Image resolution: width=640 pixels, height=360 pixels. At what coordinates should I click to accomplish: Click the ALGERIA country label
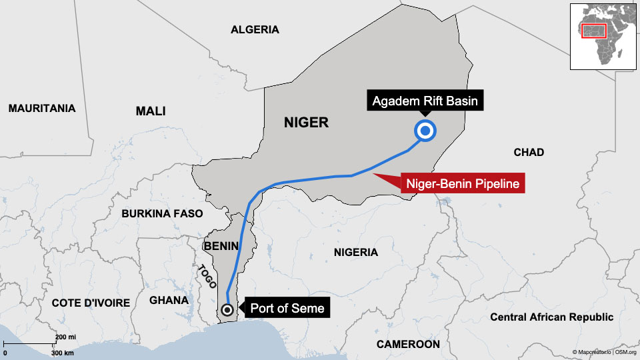pos(255,29)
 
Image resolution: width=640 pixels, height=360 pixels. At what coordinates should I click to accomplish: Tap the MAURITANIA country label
pos(42,108)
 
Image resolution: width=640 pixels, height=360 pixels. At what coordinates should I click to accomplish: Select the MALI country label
pos(151,111)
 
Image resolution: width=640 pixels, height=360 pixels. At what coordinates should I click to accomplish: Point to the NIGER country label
pos(306,123)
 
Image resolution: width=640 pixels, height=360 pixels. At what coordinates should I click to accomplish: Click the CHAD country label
pos(529,152)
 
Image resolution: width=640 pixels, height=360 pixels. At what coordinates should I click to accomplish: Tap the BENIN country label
pos(221,246)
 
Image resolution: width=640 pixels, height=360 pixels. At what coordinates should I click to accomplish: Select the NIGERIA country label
pos(355,252)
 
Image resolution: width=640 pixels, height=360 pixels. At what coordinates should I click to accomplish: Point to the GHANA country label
pos(169,300)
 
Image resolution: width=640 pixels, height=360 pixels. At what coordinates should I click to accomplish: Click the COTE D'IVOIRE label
pos(91,303)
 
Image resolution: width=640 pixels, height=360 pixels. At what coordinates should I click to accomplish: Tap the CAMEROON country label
pos(408,344)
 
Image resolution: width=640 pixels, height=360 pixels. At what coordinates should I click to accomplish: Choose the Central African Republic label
pos(551,317)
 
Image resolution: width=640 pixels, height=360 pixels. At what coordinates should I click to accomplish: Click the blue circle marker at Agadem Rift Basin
pos(425,131)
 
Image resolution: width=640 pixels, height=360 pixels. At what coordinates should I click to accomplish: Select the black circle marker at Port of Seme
pos(227,309)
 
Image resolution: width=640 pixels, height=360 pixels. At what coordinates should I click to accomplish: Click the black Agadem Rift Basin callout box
pos(425,102)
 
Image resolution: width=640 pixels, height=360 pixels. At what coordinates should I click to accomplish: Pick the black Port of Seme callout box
pos(287,308)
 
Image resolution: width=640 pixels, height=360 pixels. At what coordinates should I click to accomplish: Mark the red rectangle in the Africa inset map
pos(593,31)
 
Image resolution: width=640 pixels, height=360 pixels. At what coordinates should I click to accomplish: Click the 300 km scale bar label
pos(63,352)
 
